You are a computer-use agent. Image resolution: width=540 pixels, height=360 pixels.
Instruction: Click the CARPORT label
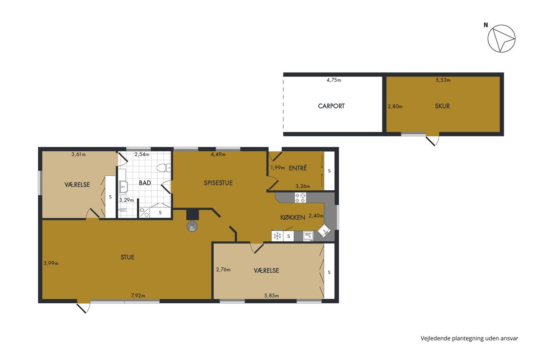[x=331, y=106]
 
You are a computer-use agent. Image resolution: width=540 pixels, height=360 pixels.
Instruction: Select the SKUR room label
[x=442, y=106]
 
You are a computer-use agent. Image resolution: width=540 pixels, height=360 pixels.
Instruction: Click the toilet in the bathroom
[x=164, y=168]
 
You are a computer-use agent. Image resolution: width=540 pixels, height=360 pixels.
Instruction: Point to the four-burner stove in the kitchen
[x=301, y=198]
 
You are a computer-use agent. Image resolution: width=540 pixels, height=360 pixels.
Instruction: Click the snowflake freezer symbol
[x=278, y=236]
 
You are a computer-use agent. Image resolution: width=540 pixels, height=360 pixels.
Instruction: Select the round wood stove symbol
[x=192, y=227]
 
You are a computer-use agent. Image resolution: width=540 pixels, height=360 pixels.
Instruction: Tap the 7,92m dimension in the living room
[x=138, y=295]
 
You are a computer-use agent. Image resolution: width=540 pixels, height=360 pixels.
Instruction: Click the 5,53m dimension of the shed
[x=443, y=80]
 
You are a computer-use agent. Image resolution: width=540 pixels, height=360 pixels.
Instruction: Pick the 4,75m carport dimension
[x=333, y=80]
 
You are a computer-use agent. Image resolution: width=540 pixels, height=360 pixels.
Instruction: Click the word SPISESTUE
[x=218, y=183]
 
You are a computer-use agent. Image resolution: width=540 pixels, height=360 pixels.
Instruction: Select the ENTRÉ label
[x=298, y=168]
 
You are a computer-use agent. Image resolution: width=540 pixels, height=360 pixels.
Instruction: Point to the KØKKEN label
[x=292, y=217]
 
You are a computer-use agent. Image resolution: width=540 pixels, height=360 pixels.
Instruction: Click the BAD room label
[x=145, y=183]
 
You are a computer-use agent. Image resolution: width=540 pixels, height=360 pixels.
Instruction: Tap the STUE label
[x=127, y=257]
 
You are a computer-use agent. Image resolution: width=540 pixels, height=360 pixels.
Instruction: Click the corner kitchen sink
[x=324, y=231]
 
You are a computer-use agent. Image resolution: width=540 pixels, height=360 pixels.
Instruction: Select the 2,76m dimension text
[x=223, y=270]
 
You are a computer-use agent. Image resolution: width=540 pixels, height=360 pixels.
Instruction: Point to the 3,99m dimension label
[x=51, y=263]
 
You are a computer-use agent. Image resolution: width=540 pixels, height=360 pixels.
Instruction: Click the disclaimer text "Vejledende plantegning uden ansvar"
[x=469, y=338]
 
